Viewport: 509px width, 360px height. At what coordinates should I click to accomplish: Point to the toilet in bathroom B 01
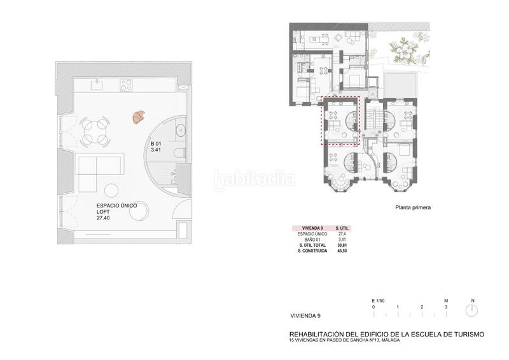[179, 152]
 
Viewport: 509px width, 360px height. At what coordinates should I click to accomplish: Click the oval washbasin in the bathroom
[179, 132]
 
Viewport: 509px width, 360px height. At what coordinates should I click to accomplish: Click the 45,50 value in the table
[342, 251]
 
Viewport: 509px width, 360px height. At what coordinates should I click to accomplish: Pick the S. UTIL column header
[342, 227]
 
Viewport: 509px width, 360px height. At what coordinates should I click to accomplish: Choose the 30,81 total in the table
[342, 245]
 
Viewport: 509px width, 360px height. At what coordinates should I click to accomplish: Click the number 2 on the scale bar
[422, 307]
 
